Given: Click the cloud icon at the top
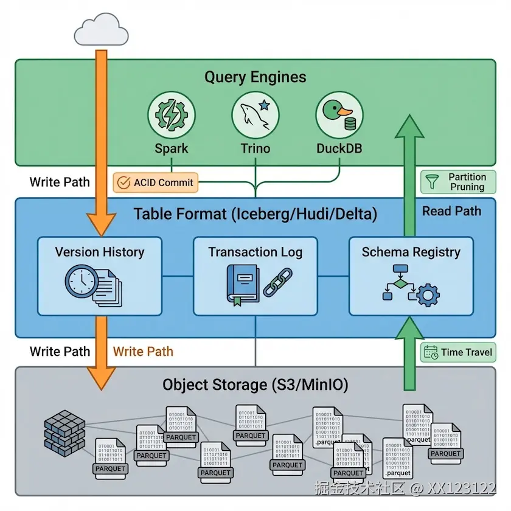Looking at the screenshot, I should click(101, 30).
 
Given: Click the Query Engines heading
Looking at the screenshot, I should click(255, 77).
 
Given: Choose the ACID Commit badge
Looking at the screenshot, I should click(156, 182).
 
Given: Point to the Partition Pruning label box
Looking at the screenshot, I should click(458, 182).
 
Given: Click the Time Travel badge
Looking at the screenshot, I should click(458, 352).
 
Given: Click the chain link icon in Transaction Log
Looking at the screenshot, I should click(277, 282).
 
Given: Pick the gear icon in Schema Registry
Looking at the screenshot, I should click(428, 296).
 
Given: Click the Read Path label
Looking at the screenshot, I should click(451, 211).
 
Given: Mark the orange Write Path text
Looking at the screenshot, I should click(143, 352).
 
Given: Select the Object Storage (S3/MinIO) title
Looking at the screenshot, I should click(255, 385).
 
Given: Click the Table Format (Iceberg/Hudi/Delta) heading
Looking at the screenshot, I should click(255, 214).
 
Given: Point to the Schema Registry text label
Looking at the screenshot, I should click(411, 252).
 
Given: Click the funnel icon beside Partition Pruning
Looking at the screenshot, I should click(433, 181).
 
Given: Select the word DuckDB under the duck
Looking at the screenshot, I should click(339, 148).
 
